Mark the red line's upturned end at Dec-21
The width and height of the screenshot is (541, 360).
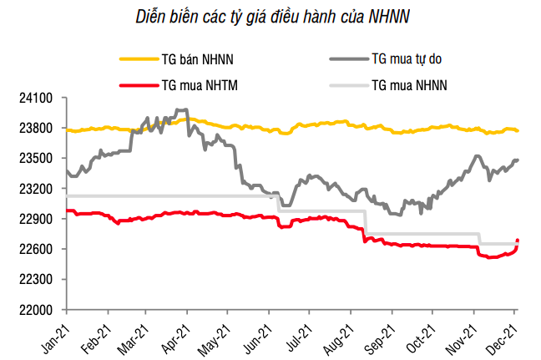(518, 241)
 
